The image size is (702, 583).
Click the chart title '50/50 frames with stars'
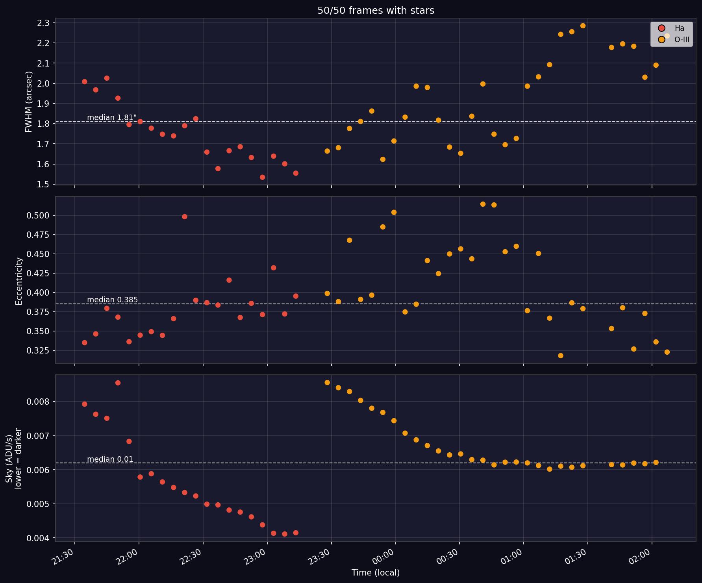[x=376, y=11]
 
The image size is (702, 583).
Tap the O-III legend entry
[x=673, y=39]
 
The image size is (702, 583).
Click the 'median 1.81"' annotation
[x=112, y=117]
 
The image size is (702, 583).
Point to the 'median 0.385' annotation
[x=112, y=300]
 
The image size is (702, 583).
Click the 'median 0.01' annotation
[x=110, y=459]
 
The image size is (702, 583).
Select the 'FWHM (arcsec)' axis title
[x=28, y=102]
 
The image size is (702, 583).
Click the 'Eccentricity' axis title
[x=19, y=281]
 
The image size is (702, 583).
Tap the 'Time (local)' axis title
[x=376, y=573]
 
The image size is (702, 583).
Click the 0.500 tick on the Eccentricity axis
[x=38, y=215]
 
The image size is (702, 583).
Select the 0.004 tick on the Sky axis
[x=38, y=538]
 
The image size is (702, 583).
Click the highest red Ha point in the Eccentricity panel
[x=185, y=217]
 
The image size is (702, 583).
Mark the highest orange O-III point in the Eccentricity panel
[x=483, y=204]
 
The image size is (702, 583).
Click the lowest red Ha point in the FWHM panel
[x=263, y=177]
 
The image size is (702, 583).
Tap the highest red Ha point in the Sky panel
[x=118, y=383]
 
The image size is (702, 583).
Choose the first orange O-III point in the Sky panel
[x=327, y=382]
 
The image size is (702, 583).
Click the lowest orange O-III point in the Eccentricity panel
[x=561, y=355]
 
